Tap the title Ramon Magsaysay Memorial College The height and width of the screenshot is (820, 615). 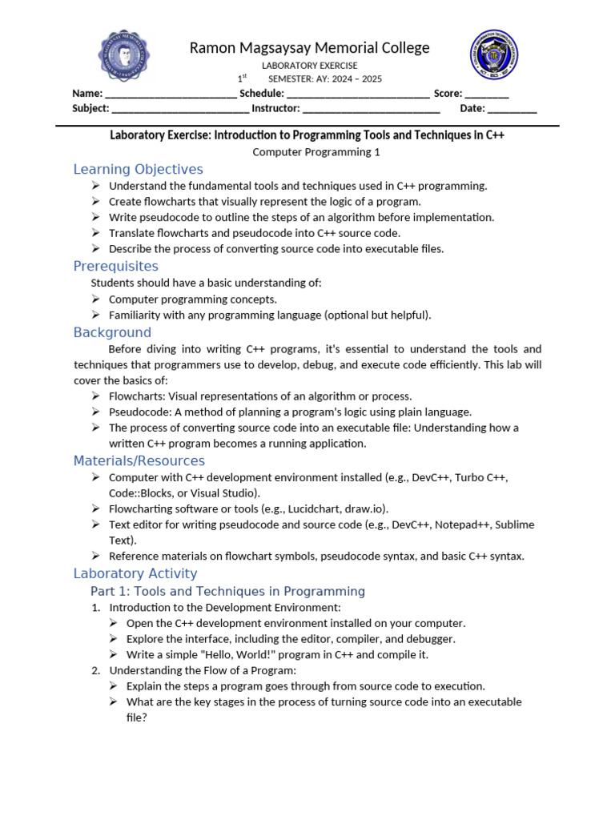309,48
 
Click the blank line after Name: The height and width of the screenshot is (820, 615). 171,94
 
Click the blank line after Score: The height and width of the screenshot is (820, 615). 487,94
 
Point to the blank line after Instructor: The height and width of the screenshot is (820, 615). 372,109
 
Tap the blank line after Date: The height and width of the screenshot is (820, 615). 512,109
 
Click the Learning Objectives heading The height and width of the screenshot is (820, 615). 138,169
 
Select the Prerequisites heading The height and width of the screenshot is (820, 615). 116,266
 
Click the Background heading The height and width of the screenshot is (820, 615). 112,332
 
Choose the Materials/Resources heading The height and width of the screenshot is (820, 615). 139,460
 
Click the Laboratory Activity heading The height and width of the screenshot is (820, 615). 135,573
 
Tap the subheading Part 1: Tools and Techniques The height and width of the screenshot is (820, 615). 227,591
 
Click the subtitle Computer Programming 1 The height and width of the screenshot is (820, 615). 316,151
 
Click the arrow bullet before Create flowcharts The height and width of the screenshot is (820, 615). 97,202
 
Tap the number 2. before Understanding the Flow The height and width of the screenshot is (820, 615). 96,670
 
